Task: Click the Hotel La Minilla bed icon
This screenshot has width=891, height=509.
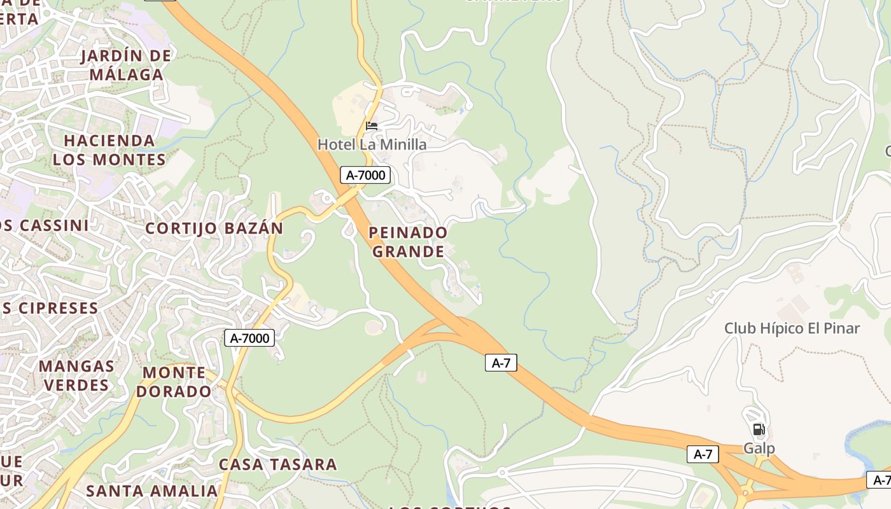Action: (372, 125)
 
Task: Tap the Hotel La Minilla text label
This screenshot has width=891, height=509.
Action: (372, 144)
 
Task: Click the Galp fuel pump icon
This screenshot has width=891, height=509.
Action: (759, 429)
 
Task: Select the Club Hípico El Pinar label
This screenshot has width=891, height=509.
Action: (792, 328)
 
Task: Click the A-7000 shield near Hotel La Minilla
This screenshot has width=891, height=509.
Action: (365, 175)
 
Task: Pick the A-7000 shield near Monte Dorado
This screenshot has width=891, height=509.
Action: (249, 338)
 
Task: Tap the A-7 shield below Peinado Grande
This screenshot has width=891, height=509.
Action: (501, 363)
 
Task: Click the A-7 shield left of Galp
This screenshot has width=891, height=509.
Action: (703, 454)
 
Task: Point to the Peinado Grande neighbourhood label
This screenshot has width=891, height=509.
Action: (408, 242)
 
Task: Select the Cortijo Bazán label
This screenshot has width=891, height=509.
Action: (214, 228)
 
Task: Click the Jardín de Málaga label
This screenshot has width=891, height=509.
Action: (126, 65)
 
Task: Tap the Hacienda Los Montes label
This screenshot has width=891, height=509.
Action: (109, 150)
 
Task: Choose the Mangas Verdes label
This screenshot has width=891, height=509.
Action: (76, 375)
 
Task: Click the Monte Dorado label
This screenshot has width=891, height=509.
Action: (174, 382)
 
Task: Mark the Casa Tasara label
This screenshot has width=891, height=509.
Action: (277, 464)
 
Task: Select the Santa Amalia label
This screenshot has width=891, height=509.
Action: (151, 491)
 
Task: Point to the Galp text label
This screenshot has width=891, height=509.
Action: (759, 449)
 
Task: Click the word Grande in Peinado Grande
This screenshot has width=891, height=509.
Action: (408, 252)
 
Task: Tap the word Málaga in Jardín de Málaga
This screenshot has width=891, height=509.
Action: (126, 74)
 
